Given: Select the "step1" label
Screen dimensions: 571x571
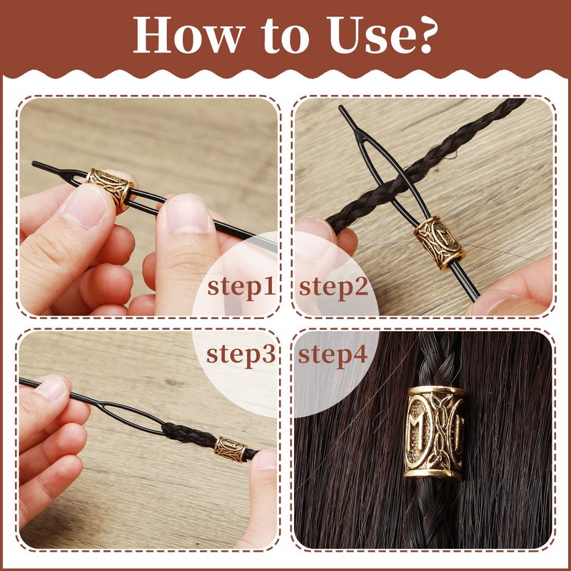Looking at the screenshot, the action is pos(241,288).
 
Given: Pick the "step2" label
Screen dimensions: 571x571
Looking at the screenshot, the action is pos(333,288).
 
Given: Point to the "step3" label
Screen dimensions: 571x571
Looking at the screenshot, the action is pos(241,355).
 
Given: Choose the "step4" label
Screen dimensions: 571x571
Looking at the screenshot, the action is pos(333,355).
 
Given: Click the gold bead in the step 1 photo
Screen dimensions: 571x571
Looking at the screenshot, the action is pos(110,188).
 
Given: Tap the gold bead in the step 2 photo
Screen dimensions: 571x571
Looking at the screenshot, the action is pos(440,243).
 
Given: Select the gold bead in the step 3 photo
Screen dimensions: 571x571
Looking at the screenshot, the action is pos(230,450).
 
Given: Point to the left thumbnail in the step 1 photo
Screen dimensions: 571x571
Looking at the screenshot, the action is pos(84,208).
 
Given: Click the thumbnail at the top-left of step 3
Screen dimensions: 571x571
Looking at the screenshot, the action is pos(52,388).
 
